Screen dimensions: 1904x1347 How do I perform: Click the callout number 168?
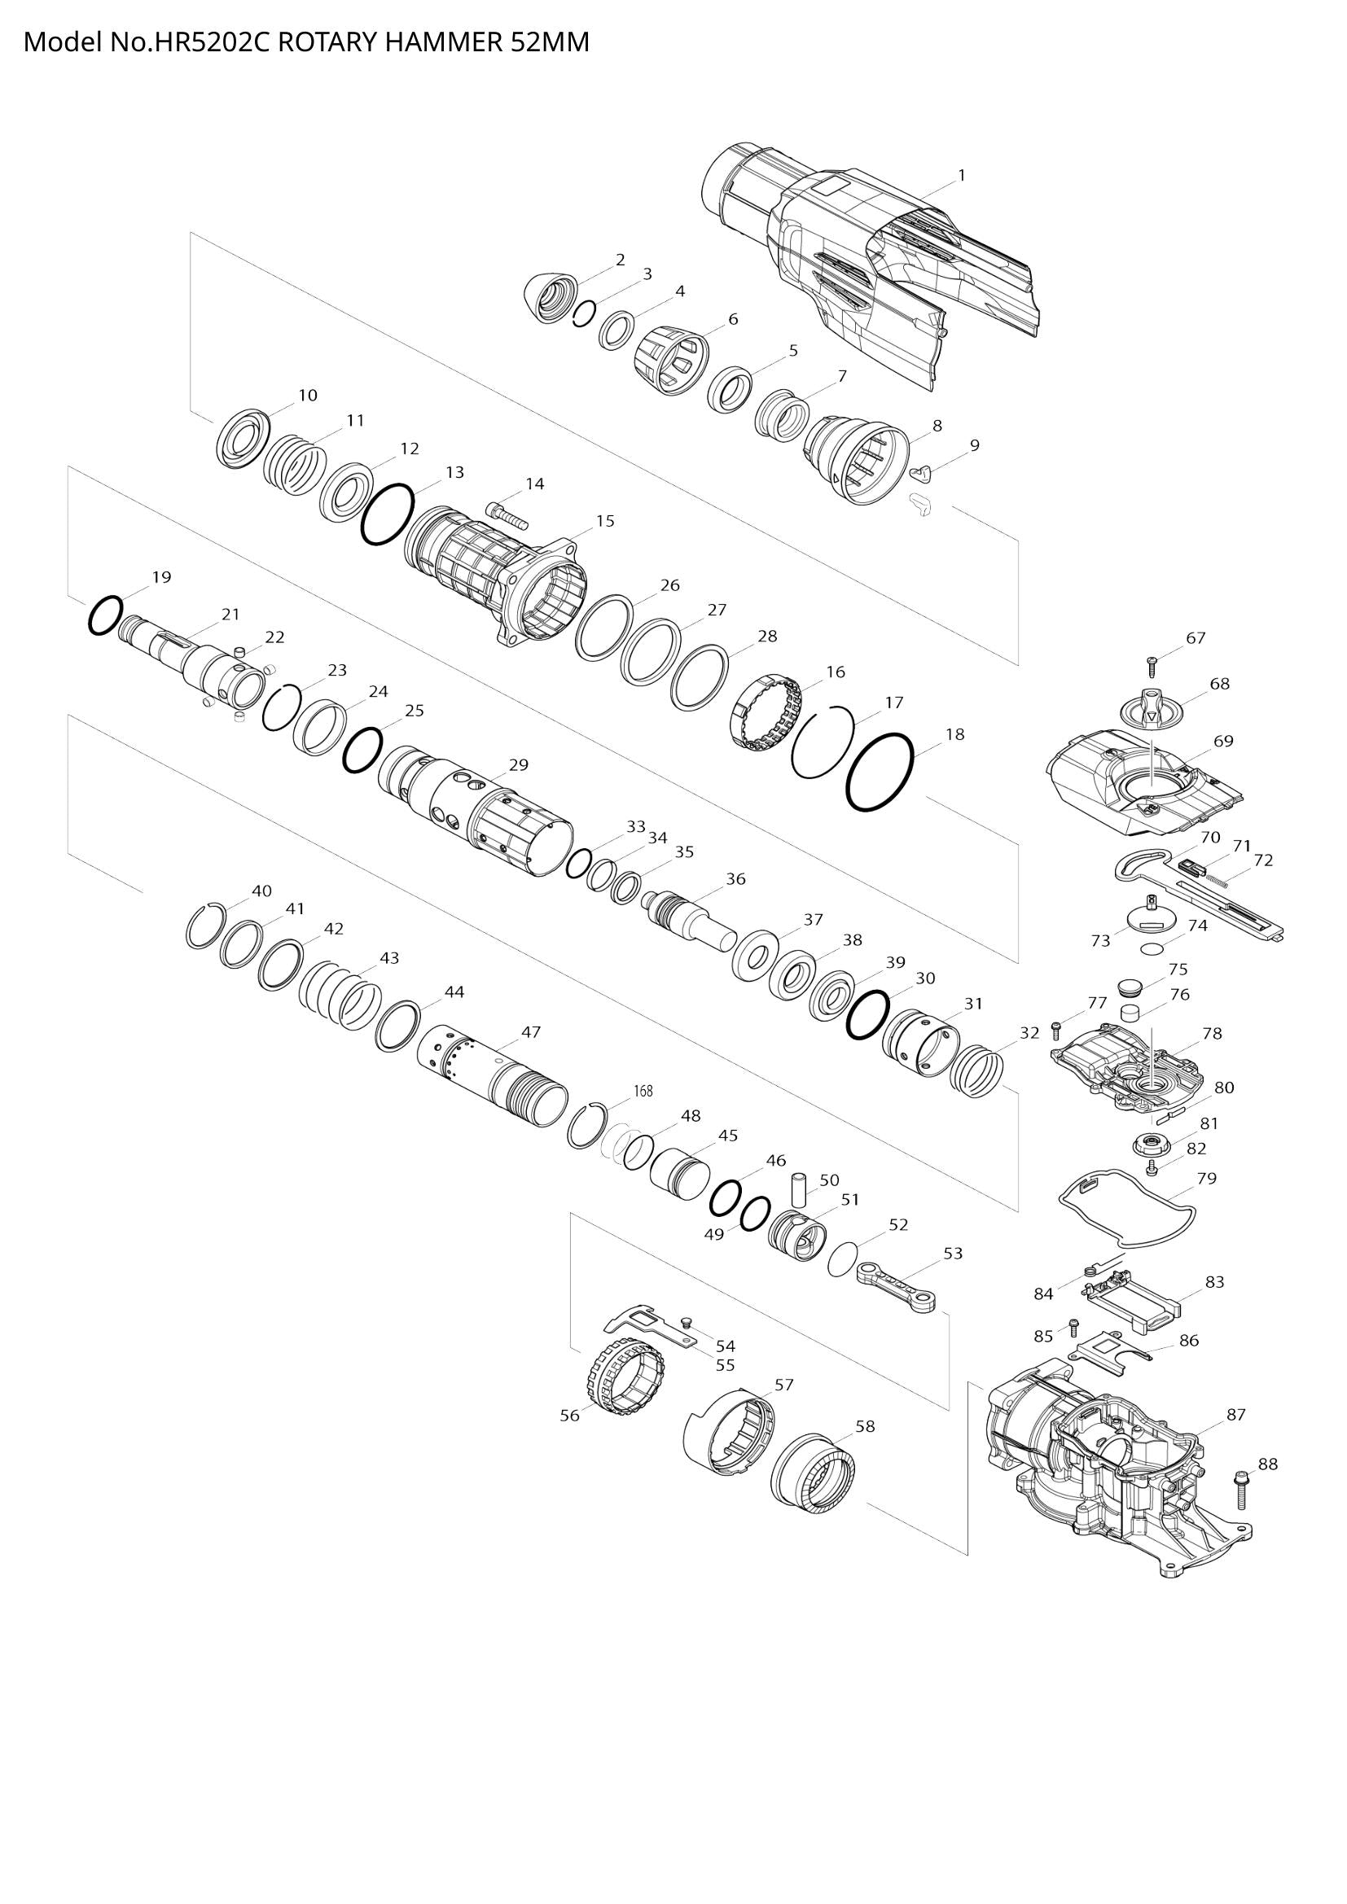(x=643, y=1092)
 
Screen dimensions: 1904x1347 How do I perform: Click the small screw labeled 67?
(x=1152, y=662)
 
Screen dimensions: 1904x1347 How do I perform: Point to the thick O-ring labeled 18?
(x=880, y=771)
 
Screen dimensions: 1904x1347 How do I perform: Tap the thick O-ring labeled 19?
(x=105, y=615)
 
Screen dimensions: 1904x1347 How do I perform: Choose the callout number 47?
(x=531, y=1031)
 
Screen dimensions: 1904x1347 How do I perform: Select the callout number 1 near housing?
(x=961, y=175)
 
